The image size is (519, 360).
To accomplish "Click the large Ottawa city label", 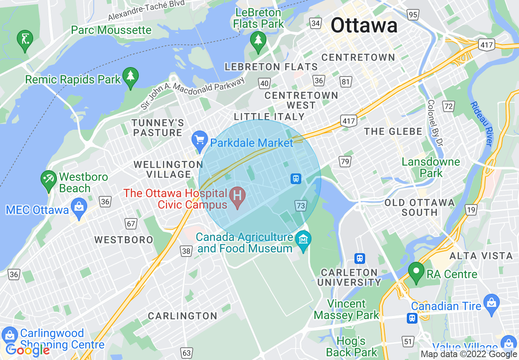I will point(364,25).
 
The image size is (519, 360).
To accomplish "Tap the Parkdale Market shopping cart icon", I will point(200,139).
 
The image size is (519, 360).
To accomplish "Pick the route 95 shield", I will point(413,15).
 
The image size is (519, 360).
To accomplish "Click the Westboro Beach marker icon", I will point(48,179).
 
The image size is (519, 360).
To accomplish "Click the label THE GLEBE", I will point(393,131).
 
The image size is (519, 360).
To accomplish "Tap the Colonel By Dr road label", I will point(435,123).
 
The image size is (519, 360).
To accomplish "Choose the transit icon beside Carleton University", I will point(360,258).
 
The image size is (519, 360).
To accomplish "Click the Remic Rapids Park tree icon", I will point(131,76).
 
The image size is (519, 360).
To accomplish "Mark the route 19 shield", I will point(471,210).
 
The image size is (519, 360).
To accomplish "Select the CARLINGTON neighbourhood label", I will point(183,316).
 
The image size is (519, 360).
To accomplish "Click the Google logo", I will point(27,350).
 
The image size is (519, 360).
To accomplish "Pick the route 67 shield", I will point(131,224).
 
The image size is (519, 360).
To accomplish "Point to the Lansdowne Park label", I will point(431,167).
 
